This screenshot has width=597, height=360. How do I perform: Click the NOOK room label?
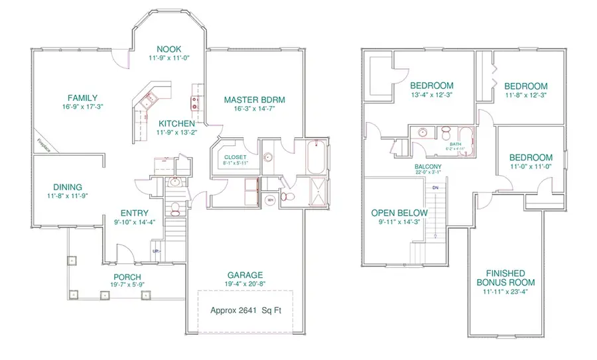(168, 48)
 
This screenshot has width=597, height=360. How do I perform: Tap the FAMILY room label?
(82, 97)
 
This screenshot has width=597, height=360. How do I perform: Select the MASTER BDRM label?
(254, 100)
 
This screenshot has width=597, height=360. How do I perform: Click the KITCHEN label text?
(176, 123)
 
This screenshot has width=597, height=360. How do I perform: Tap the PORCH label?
(126, 276)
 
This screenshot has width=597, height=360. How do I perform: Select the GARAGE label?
(245, 275)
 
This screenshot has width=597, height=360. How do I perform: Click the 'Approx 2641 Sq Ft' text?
(245, 310)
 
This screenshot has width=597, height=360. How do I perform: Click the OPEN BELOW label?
(399, 213)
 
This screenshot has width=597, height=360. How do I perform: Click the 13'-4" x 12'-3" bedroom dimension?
(431, 96)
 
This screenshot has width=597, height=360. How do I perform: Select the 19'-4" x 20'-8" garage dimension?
(245, 285)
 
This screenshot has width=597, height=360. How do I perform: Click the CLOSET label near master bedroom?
(235, 157)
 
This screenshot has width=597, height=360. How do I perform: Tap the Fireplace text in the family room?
(44, 144)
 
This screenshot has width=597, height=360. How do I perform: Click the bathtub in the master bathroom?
(312, 156)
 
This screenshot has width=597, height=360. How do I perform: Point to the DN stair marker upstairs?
(435, 188)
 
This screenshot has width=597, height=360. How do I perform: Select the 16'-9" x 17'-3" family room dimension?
(82, 107)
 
